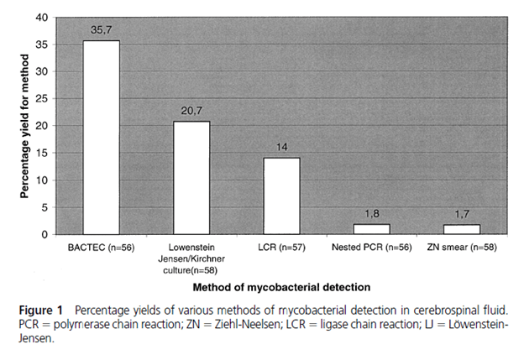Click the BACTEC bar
[x=101, y=138]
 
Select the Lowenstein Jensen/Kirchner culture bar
[x=191, y=178]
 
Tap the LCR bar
[x=281, y=196]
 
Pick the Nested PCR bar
[x=372, y=229]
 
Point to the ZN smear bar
[x=462, y=230]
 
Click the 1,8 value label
[x=372, y=213]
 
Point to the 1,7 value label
[x=462, y=214]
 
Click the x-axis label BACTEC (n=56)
[x=101, y=249]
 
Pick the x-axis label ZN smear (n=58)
[x=462, y=249]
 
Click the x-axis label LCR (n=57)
[x=281, y=249]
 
